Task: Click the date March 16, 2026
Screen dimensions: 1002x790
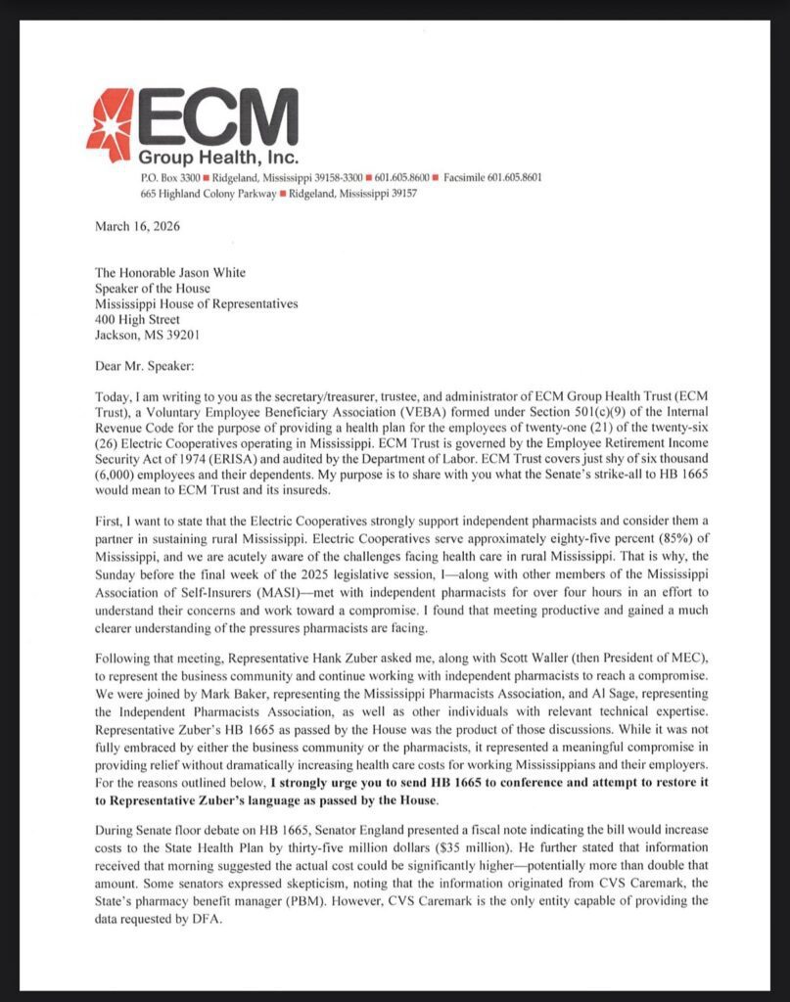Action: pyautogui.click(x=137, y=226)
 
